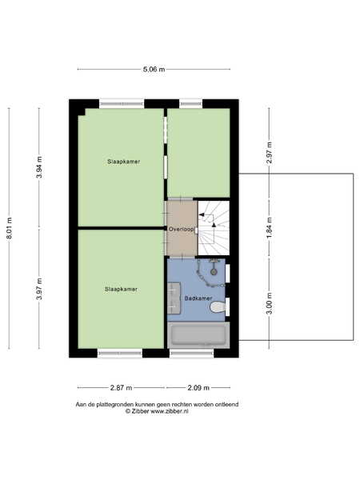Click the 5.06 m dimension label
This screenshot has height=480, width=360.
154,70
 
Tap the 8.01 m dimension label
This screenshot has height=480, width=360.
9,228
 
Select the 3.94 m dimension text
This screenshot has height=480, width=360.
39,167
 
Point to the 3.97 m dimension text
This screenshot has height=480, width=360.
39,289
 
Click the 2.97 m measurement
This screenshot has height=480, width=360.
270,153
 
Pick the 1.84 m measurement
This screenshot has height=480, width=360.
270,228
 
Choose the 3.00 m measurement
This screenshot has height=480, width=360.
270,303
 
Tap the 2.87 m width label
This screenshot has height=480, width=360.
122,388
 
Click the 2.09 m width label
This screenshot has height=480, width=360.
198,388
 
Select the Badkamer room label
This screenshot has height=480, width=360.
198,298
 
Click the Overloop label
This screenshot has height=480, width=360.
182,229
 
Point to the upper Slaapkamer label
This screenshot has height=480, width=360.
124,162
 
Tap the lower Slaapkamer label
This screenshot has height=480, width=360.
121,289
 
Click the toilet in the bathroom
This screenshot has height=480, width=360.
218,306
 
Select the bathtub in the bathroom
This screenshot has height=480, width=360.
198,335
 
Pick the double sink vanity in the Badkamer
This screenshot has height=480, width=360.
174,298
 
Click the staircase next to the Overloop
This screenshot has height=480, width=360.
214,228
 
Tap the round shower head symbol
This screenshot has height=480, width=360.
214,271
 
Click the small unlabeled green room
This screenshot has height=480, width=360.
198,153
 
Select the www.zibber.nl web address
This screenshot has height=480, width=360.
170,411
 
